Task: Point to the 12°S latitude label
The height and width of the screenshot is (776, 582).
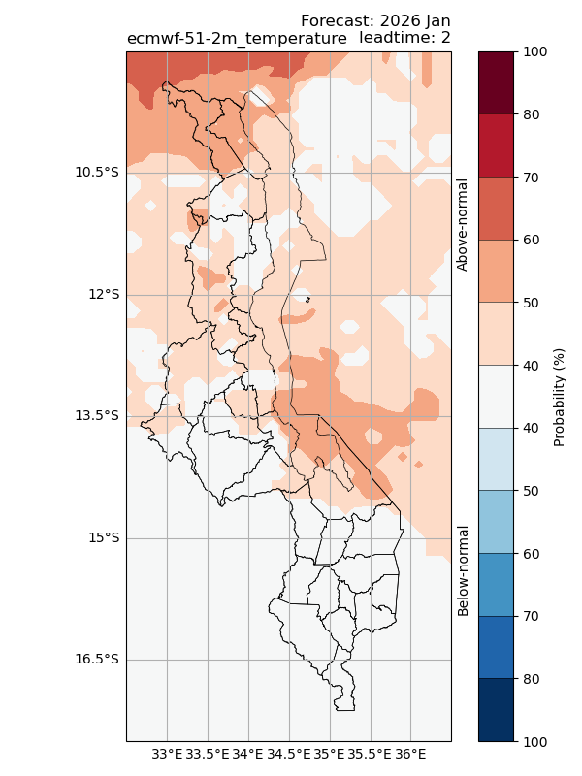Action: click(x=102, y=294)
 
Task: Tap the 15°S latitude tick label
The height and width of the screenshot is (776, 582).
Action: click(x=102, y=537)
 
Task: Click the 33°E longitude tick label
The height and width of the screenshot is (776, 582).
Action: click(x=167, y=753)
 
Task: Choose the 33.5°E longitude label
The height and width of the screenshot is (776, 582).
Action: click(x=208, y=753)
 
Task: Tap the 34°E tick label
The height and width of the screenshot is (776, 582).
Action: click(x=248, y=753)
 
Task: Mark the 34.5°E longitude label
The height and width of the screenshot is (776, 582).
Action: click(x=289, y=753)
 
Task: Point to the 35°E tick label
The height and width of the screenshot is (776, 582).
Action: click(x=330, y=753)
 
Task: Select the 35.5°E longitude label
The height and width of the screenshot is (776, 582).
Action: click(x=371, y=753)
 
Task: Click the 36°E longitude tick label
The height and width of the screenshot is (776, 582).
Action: click(x=411, y=753)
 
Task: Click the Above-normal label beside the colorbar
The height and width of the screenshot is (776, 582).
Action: click(x=463, y=224)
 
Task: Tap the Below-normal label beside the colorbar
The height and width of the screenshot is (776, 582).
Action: click(x=463, y=570)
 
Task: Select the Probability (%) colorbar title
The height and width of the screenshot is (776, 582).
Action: click(x=559, y=397)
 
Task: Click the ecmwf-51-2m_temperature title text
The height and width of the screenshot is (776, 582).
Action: click(x=237, y=38)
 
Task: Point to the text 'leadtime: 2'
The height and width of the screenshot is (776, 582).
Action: click(x=404, y=38)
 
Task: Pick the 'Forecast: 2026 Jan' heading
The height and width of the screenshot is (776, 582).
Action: click(x=375, y=21)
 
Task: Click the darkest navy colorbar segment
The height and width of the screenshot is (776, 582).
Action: click(x=495, y=710)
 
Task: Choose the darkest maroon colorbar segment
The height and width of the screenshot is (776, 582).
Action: click(x=495, y=83)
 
